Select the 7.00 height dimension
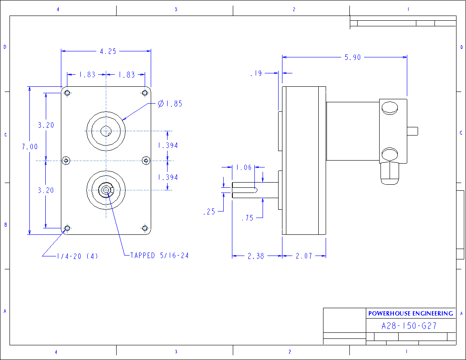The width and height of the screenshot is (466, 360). [x=30, y=147]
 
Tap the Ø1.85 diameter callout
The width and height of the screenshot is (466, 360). [x=170, y=104]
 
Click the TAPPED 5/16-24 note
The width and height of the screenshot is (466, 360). [x=159, y=256]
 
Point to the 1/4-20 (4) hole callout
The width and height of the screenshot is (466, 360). [x=77, y=256]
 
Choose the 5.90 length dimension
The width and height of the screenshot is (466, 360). [x=352, y=57]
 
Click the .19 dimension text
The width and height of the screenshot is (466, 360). [x=256, y=74]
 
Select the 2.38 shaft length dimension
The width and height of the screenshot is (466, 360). [x=256, y=256]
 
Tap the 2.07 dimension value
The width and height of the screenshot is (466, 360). [x=304, y=256]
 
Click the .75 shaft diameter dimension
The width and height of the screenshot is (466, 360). [x=247, y=218]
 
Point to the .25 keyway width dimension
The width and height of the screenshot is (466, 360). [x=209, y=212]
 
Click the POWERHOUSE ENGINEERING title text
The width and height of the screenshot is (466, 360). [x=410, y=313]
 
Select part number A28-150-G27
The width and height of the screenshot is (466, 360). [x=409, y=326]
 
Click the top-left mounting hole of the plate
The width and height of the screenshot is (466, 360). [x=67, y=93]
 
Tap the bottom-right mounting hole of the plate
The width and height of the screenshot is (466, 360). [x=145, y=228]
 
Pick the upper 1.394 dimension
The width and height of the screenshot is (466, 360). [x=168, y=145]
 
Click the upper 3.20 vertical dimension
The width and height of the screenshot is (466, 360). [x=46, y=126]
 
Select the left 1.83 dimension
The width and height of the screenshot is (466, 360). [x=87, y=75]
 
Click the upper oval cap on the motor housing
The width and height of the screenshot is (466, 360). [x=390, y=107]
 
